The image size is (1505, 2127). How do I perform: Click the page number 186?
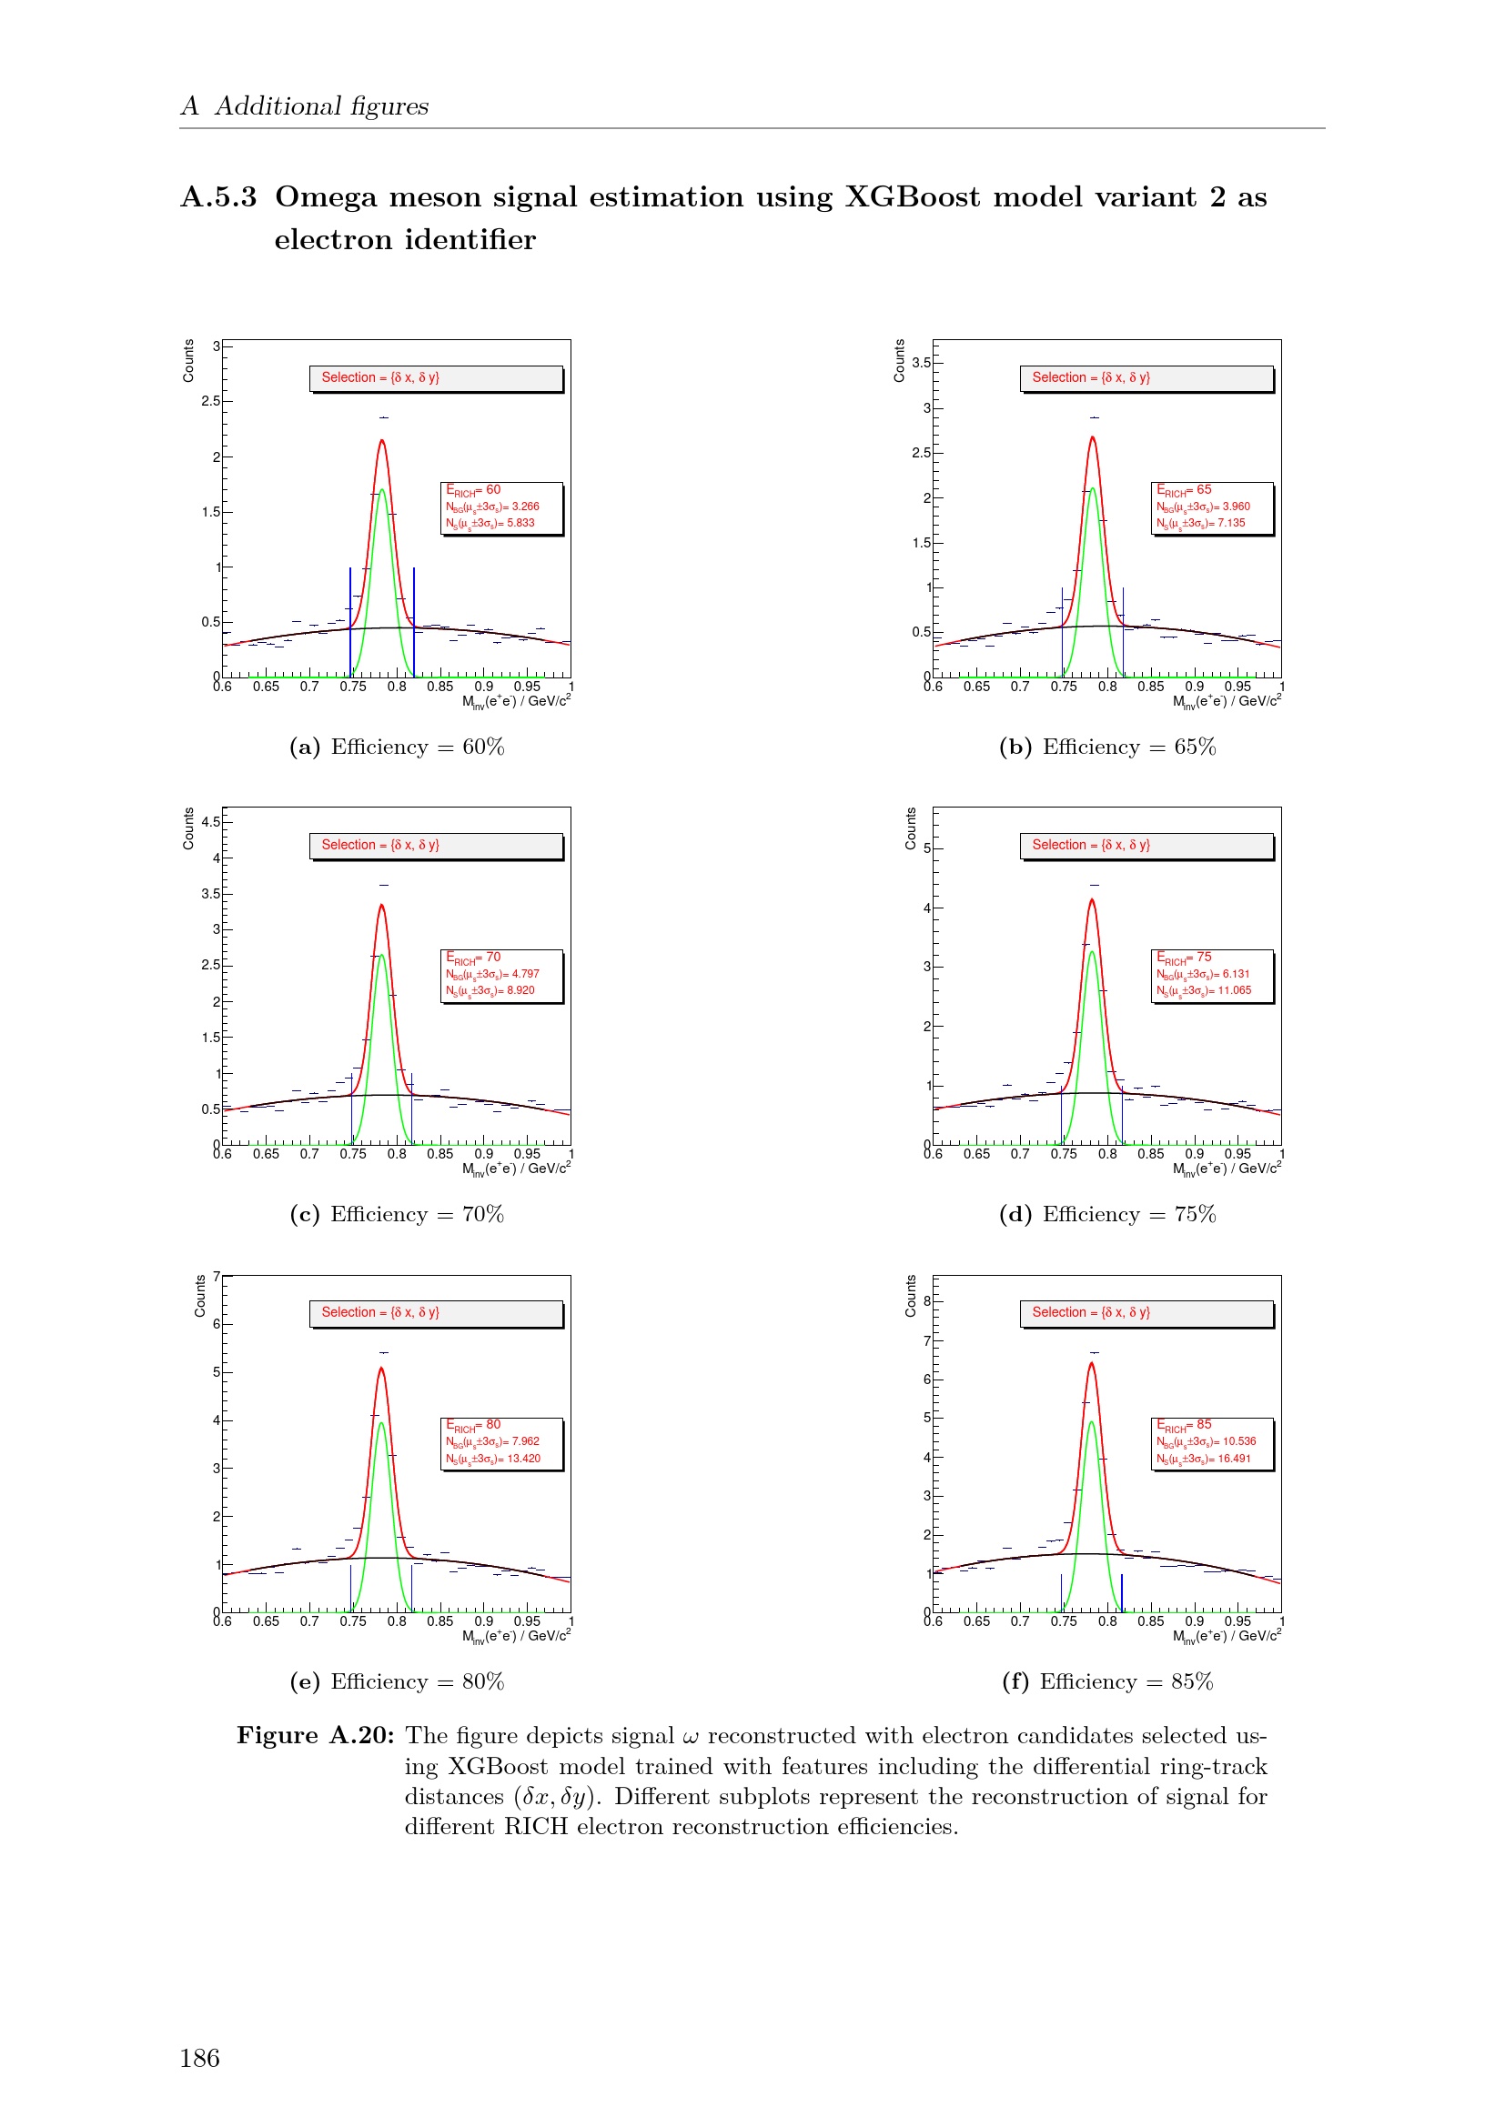pyautogui.click(x=199, y=2059)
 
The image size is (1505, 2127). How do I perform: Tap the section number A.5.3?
pyautogui.click(x=218, y=197)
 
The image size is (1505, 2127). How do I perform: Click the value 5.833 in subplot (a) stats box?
pyautogui.click(x=520, y=524)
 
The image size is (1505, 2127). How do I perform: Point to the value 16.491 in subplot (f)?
pyautogui.click(x=1234, y=1458)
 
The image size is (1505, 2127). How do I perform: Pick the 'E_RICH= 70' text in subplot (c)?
pyautogui.click(x=473, y=958)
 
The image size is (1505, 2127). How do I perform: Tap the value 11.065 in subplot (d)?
pyautogui.click(x=1235, y=990)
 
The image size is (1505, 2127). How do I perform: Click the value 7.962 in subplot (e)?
pyautogui.click(x=524, y=1441)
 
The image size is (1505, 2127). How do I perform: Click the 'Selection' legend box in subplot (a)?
pyautogui.click(x=436, y=378)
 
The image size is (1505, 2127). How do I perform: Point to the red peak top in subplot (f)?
pyautogui.click(x=1092, y=1364)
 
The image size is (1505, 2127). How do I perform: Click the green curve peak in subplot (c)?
pyautogui.click(x=381, y=956)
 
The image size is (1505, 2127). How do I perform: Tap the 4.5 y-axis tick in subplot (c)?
pyautogui.click(x=210, y=822)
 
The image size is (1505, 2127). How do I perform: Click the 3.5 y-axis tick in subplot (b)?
pyautogui.click(x=920, y=362)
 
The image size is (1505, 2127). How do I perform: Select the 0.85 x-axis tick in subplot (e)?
pyautogui.click(x=440, y=1621)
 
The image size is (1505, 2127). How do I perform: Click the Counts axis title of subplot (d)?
pyautogui.click(x=910, y=828)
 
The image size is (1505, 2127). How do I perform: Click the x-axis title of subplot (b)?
pyautogui.click(x=1227, y=702)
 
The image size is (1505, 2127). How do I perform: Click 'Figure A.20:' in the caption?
pyautogui.click(x=315, y=1735)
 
